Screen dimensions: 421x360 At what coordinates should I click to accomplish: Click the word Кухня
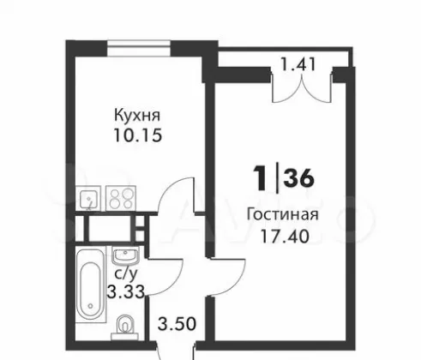click(137, 116)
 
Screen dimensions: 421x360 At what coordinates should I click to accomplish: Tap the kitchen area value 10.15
click(138, 135)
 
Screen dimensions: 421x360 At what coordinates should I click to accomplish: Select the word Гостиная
click(282, 214)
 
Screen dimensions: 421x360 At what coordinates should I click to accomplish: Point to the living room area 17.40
click(285, 237)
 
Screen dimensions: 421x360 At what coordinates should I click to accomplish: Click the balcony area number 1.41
click(298, 64)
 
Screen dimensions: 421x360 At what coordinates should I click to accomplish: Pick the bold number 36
click(299, 178)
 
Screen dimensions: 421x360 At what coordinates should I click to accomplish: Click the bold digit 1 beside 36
click(260, 178)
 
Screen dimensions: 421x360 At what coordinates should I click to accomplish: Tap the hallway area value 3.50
click(177, 324)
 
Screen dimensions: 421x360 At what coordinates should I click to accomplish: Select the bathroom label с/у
click(126, 273)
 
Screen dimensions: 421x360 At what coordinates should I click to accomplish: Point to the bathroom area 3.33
click(125, 292)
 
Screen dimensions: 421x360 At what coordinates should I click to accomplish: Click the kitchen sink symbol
click(88, 198)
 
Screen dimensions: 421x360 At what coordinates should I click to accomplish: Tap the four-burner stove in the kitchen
click(121, 198)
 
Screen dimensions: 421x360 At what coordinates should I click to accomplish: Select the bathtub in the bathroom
click(91, 286)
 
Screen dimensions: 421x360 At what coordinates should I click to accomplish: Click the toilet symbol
click(125, 327)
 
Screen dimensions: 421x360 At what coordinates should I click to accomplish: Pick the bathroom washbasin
click(126, 255)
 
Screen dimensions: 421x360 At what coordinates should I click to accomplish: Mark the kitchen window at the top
click(139, 48)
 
